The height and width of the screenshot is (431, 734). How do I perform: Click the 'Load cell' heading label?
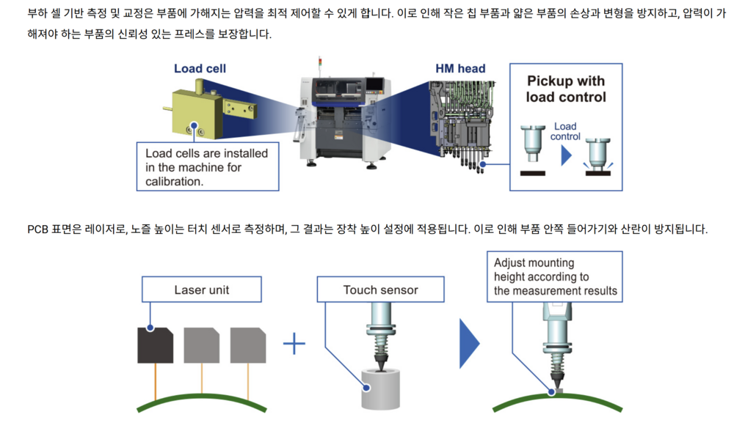click(x=200, y=69)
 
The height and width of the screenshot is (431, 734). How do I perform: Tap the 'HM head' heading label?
click(x=460, y=69)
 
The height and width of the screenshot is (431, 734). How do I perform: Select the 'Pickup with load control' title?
click(x=566, y=89)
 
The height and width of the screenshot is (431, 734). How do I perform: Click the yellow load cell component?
click(x=209, y=111)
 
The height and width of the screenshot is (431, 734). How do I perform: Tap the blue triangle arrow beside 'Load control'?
click(x=567, y=155)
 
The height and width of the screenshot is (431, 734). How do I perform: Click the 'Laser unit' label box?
click(x=202, y=290)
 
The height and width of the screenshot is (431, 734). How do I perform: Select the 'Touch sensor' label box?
click(x=380, y=290)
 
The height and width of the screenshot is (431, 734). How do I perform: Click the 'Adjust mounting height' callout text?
click(x=555, y=277)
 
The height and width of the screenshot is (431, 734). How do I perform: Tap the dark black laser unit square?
click(x=155, y=345)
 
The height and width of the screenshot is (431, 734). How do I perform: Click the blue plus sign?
click(x=294, y=344)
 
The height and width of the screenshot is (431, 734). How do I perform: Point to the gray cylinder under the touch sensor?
click(x=380, y=389)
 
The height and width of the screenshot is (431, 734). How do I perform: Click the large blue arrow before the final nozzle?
click(x=470, y=344)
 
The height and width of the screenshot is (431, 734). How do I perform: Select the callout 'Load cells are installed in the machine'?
click(x=208, y=167)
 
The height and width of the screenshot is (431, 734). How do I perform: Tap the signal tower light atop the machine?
click(x=320, y=62)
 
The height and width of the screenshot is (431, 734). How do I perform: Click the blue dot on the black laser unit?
click(x=150, y=328)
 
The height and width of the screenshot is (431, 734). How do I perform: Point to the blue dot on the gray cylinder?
click(x=367, y=388)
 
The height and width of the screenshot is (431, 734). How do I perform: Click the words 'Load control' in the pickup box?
click(x=565, y=131)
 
